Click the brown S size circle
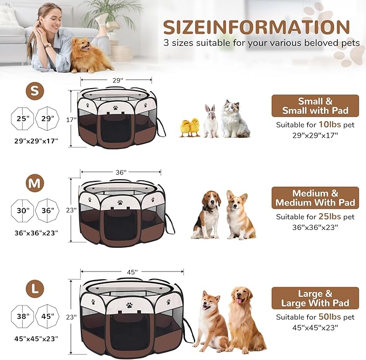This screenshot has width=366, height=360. [35, 92]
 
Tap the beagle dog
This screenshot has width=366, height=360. [207, 215]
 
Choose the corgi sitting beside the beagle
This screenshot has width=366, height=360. [239, 215]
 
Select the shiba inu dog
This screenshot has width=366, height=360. [211, 321]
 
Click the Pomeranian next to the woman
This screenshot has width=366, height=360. [90, 56]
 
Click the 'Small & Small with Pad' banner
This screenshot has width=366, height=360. [315, 106]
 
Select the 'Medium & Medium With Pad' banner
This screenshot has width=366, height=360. [315, 198]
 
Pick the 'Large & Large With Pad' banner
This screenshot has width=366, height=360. [315, 298]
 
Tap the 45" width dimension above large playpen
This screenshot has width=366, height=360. [132, 271]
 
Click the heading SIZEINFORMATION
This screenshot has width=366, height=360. [257, 27]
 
